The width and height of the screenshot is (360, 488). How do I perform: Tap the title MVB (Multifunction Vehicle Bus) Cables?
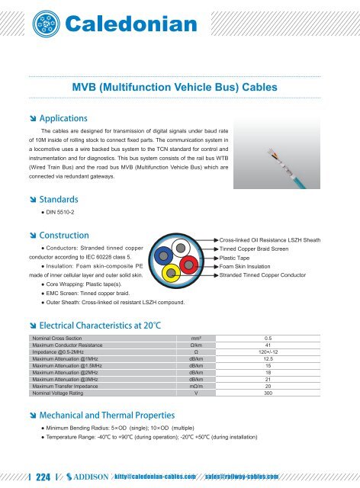click(180, 86)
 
